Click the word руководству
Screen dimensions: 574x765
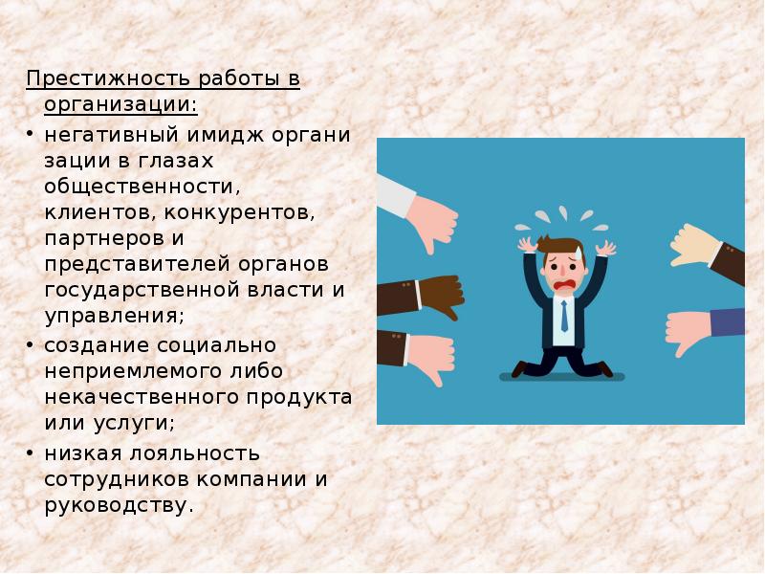tap(119, 504)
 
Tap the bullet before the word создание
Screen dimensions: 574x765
tap(32, 344)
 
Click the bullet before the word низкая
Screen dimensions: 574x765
tap(32, 453)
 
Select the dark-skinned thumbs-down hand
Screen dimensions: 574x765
tap(435, 290)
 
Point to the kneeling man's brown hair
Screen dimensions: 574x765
tap(559, 247)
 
